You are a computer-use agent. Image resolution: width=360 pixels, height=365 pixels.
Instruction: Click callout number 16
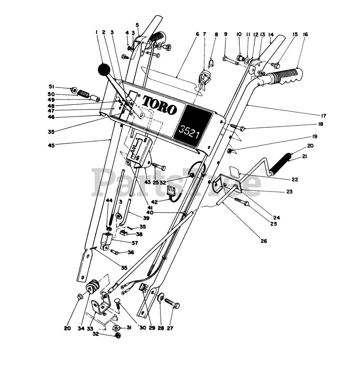tap(306, 35)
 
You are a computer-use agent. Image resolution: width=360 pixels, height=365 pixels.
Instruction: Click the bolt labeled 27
tap(169, 302)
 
